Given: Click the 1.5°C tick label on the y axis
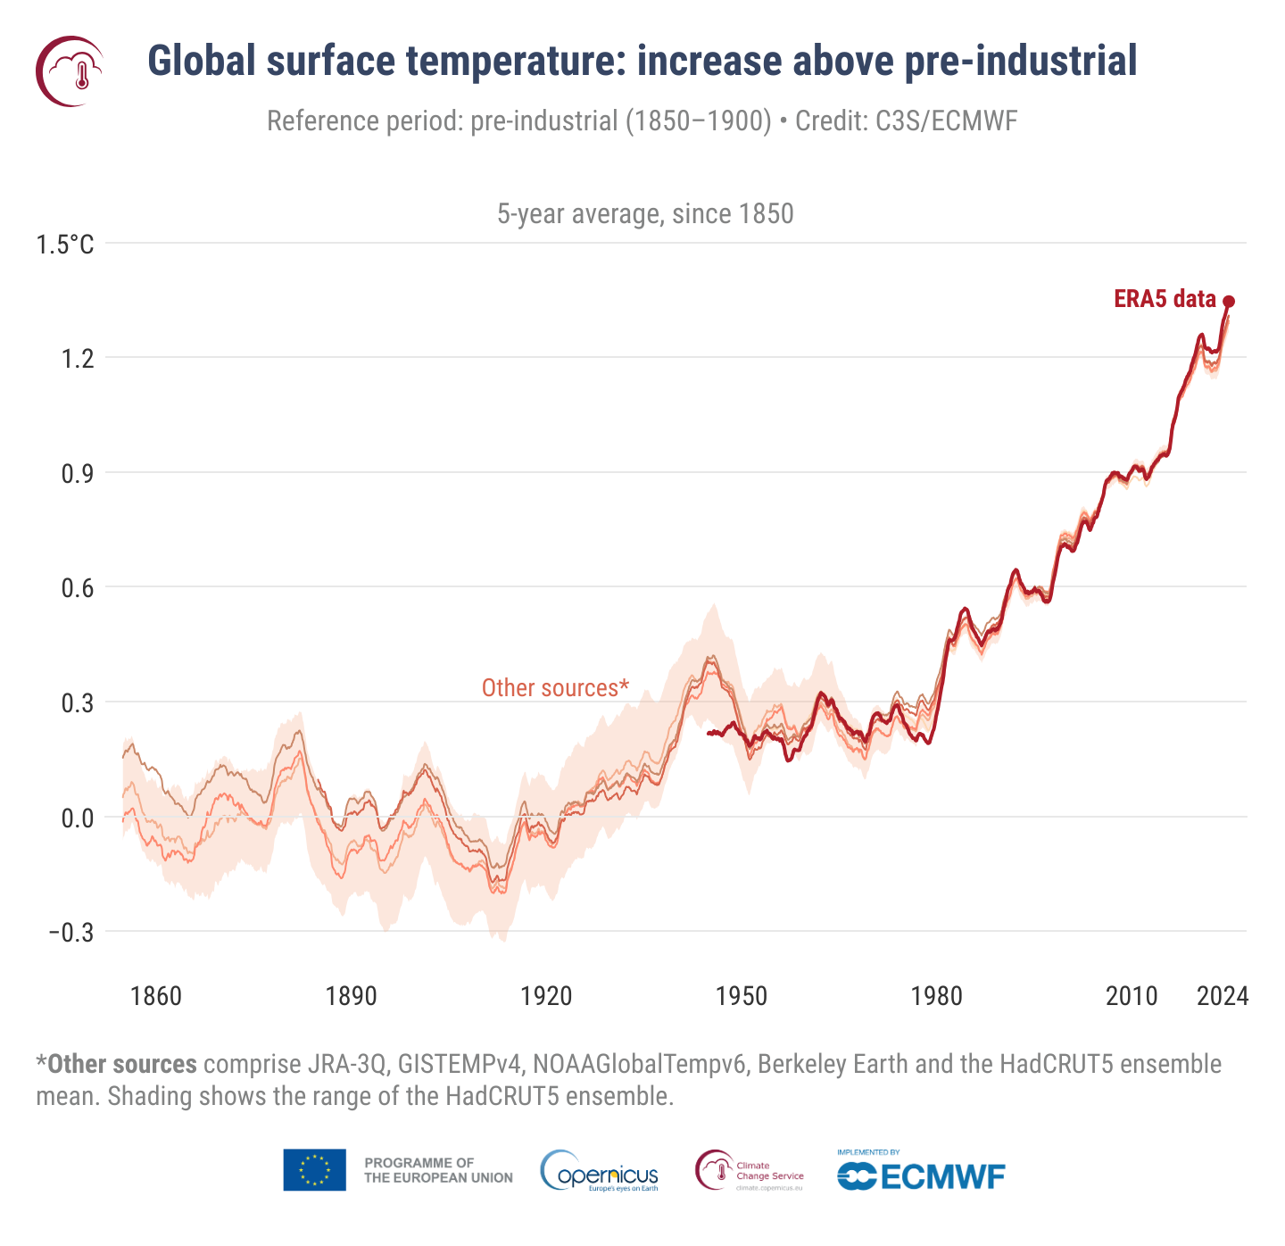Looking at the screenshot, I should [65, 244].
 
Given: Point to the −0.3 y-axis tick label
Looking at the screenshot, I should [70, 933].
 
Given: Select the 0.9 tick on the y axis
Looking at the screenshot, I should [77, 473].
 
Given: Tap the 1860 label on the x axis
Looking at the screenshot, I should [156, 996].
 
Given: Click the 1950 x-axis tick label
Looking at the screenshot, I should [742, 996].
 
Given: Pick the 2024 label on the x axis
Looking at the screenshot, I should [1223, 996].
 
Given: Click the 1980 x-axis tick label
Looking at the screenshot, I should [937, 996].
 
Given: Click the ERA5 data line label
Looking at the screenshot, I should [1165, 299].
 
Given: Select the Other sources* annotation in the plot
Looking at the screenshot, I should [555, 688].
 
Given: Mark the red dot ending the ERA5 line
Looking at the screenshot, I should [1229, 302].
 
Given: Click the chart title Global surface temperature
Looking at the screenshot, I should [642, 61].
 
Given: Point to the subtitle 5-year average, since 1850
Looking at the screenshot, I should [645, 214].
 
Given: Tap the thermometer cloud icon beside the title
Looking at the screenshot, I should [70, 71].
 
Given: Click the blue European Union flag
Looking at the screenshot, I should [314, 1170].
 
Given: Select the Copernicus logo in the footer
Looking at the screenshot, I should [600, 1171].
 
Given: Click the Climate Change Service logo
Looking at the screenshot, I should [750, 1171].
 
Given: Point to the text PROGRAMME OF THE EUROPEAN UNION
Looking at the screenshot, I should [438, 1170].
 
